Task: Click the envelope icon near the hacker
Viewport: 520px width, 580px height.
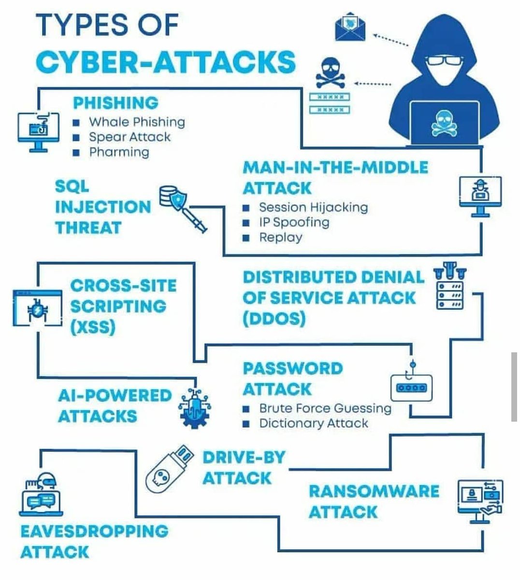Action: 350,27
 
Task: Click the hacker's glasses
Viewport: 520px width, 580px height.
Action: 444,61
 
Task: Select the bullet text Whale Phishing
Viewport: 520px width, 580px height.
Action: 137,122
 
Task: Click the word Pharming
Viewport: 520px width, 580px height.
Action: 119,152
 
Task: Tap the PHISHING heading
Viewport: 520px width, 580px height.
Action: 116,102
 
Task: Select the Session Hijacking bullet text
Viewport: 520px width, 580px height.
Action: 313,207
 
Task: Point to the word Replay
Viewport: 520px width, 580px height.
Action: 280,237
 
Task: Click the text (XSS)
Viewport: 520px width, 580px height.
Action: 93,328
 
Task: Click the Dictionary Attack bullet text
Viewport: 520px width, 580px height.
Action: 314,423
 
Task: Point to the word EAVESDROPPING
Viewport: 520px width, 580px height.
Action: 94,531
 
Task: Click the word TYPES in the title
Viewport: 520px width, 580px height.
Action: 84,25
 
